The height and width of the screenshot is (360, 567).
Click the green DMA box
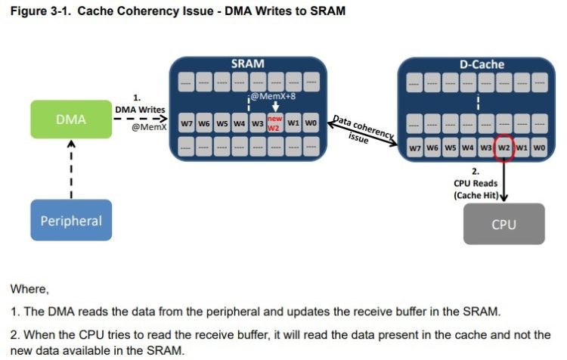click(x=70, y=119)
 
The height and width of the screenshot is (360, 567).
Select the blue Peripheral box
click(x=70, y=222)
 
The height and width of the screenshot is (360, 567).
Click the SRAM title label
click(x=247, y=64)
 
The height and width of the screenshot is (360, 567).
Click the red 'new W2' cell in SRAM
click(x=275, y=123)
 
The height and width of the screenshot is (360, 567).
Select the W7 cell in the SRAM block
click(x=187, y=123)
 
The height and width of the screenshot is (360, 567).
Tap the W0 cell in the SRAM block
click(x=311, y=123)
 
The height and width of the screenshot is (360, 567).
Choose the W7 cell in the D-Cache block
click(x=415, y=147)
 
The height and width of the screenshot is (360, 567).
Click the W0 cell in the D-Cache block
click(x=539, y=147)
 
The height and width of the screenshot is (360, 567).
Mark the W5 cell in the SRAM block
click(x=222, y=123)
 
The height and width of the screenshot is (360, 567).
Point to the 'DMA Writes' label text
click(x=140, y=110)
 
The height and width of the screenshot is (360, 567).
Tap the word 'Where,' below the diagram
click(x=29, y=289)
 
